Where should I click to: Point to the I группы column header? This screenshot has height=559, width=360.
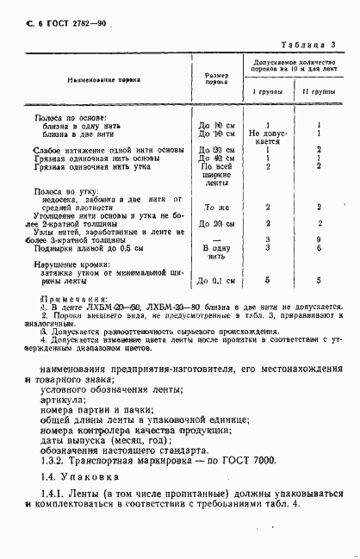tap(265, 90)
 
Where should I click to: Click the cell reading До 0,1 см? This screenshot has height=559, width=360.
tap(216, 281)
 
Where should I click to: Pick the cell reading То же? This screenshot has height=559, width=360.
tap(215, 208)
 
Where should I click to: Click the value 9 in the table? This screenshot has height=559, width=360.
tap(319, 239)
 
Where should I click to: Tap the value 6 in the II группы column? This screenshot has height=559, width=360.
tap(319, 247)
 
